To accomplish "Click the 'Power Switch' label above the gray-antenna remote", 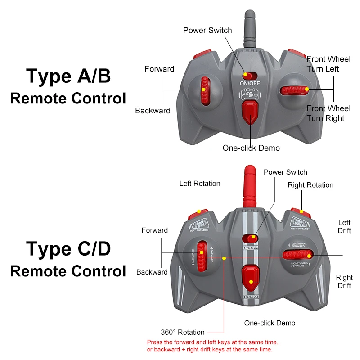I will click(x=207, y=30).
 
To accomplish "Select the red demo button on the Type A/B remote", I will click(x=249, y=113).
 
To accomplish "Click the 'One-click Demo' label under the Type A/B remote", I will click(x=251, y=148).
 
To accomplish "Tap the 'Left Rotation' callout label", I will click(x=200, y=184).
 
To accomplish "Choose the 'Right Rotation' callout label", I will click(x=310, y=185).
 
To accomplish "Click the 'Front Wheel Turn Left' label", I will click(x=328, y=64).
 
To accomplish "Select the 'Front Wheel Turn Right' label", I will click(x=328, y=113).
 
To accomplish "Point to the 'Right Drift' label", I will click(x=344, y=282).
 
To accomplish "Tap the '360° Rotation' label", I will click(x=183, y=332).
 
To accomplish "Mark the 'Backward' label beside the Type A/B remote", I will click(x=153, y=110).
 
